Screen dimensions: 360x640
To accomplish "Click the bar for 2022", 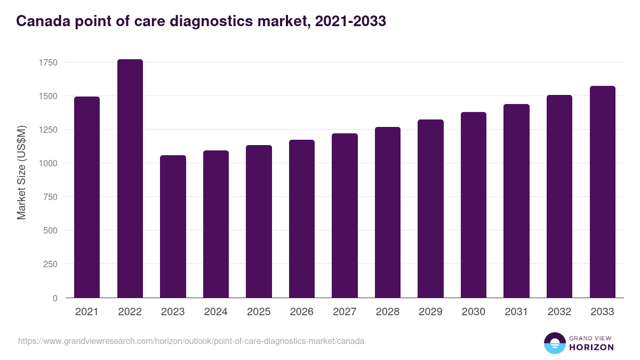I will [130, 178].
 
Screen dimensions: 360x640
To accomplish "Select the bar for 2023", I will [173, 226].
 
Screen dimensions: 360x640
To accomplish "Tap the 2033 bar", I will [603, 191].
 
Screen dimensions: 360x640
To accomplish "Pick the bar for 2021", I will [87, 197].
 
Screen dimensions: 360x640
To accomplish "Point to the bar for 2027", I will [345, 215].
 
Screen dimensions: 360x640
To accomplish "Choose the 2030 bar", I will [474, 205].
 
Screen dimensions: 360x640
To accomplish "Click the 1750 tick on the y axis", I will [48, 62].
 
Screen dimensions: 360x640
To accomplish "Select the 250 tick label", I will [50, 264].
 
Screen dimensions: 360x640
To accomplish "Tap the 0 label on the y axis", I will [55, 298].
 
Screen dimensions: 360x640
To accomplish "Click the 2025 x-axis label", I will [259, 312].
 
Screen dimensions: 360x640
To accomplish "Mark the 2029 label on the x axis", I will [430, 312].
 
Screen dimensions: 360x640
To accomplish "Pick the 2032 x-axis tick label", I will [559, 312].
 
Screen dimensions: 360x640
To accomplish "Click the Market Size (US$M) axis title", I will [21, 173].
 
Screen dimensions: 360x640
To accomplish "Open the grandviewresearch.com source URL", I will [191, 341].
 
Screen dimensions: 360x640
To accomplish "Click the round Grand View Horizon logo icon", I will [555, 343].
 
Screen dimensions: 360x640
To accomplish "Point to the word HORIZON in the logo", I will [592, 347].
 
